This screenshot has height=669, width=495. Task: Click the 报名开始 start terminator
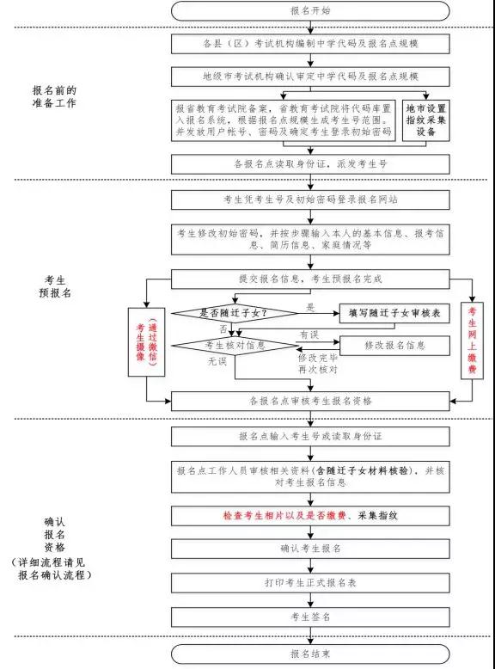tap(310, 10)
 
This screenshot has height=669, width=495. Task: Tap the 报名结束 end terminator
tap(310, 654)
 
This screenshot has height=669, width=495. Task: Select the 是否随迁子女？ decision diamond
tap(235, 313)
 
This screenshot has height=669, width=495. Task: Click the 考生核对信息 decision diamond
tap(235, 345)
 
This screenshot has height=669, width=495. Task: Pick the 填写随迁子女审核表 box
tap(394, 313)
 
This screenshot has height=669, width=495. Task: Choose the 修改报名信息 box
tap(394, 345)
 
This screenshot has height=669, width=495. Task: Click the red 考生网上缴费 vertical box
tap(472, 340)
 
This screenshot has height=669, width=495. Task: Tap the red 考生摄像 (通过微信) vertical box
tap(147, 341)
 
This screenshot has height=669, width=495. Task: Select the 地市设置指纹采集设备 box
tap(426, 120)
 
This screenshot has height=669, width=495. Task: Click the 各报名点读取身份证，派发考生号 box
tap(310, 164)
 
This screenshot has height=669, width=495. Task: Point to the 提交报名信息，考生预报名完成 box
tap(310, 279)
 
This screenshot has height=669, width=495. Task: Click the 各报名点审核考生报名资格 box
tap(310, 401)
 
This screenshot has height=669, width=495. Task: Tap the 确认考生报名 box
tap(310, 549)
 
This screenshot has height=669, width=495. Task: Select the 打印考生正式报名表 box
tap(310, 583)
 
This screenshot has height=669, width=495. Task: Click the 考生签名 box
tap(310, 617)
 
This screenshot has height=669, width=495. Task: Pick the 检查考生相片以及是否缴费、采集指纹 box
tap(310, 515)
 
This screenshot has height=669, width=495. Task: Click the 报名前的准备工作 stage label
tap(54, 97)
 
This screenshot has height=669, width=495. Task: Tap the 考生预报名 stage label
tap(55, 286)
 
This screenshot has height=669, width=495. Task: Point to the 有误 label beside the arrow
tap(309, 334)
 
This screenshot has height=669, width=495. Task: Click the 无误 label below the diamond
tap(217, 361)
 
